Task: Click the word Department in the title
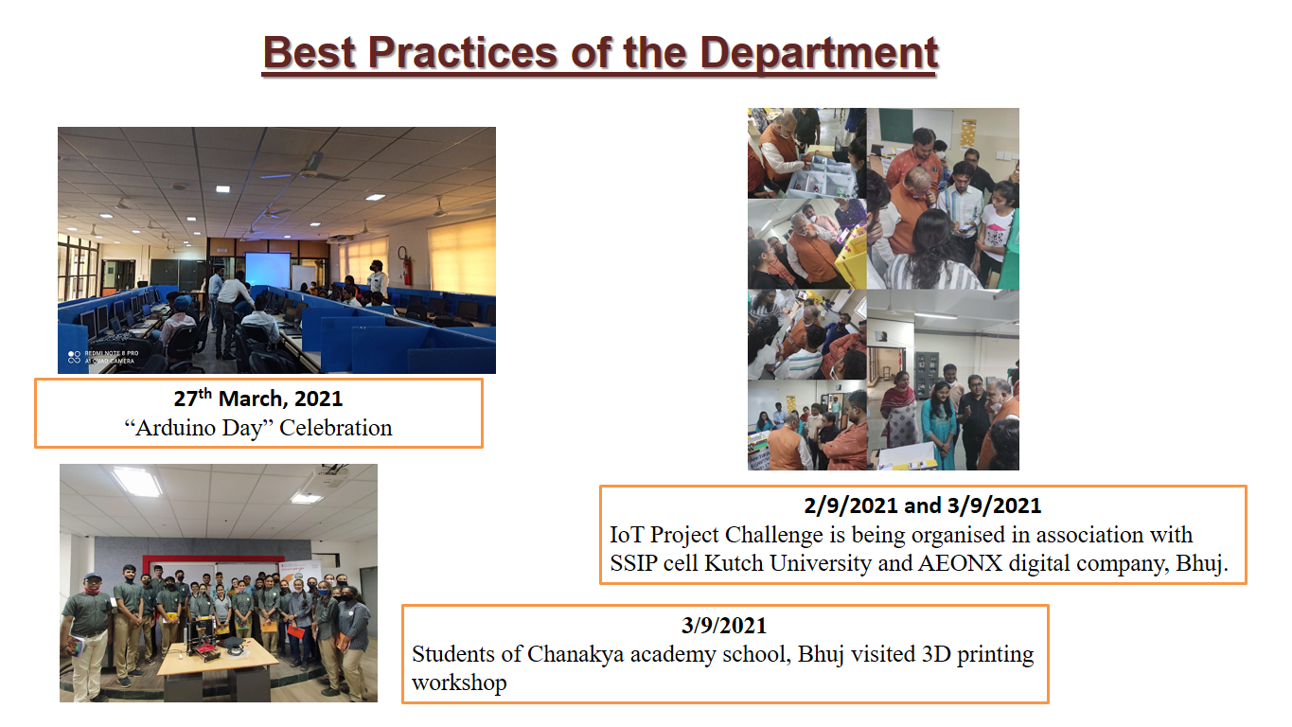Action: pos(819,53)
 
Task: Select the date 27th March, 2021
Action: pos(257,399)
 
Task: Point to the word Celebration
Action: pos(336,428)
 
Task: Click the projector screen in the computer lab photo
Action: pos(268,273)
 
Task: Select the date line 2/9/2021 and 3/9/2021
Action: pos(923,506)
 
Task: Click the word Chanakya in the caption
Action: pos(577,654)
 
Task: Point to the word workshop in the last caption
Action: pos(459,683)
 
